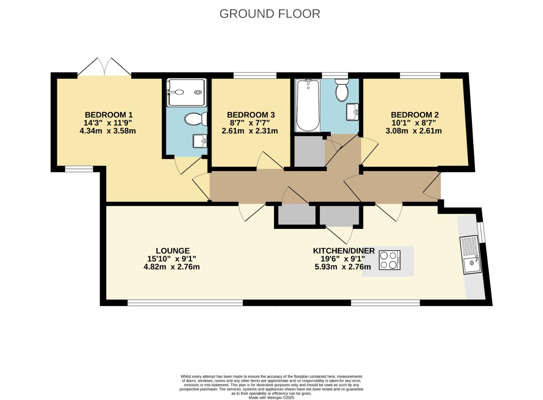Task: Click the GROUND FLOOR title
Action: (269, 14)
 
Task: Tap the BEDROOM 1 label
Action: (109, 115)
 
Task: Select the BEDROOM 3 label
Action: (251, 115)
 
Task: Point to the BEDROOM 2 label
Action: (415, 115)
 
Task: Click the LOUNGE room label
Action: (173, 251)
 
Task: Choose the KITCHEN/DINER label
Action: (344, 251)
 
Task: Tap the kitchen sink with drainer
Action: (471, 256)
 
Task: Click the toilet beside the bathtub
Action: (342, 90)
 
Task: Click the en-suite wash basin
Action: (200, 141)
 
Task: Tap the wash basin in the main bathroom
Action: (352, 112)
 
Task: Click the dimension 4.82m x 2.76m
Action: (172, 267)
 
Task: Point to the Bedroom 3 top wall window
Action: (255, 76)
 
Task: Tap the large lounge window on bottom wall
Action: (185, 303)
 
